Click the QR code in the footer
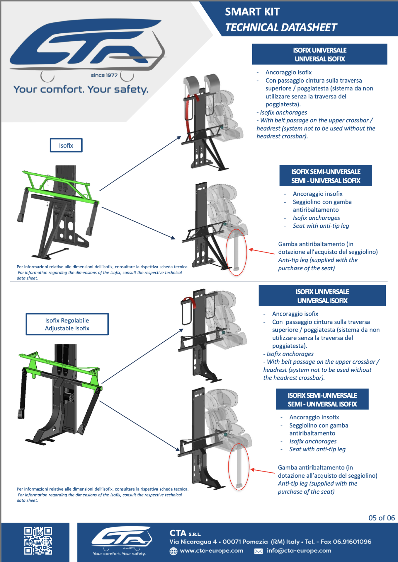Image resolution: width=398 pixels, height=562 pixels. (38, 541)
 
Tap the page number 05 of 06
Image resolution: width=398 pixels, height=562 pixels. (381, 518)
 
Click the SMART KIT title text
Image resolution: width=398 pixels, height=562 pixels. (252, 12)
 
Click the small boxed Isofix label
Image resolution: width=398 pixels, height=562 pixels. (66, 145)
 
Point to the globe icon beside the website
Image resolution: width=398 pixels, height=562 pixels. (174, 551)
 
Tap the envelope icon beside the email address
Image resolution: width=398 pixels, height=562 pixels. (258, 551)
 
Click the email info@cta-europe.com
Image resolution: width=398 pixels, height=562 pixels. (299, 551)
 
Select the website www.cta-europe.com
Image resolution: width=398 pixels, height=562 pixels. (212, 551)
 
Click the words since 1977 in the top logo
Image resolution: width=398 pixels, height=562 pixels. (104, 75)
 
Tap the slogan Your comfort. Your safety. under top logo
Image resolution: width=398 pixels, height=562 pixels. (81, 89)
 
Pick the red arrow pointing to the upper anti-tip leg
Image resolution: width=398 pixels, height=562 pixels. (261, 251)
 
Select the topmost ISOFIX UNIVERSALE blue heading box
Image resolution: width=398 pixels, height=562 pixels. (319, 54)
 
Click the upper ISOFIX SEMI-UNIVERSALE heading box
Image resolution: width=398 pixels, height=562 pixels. (326, 176)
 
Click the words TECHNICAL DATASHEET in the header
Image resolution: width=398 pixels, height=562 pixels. (281, 28)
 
